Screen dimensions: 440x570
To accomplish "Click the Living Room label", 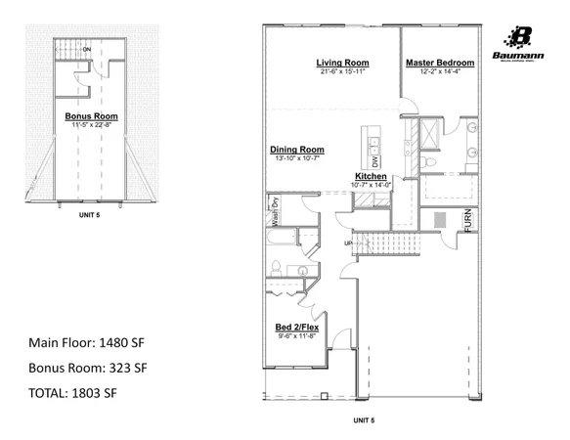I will coord(341,63).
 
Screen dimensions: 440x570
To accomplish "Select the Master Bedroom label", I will coord(440,63).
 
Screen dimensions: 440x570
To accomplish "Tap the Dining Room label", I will coord(296,150).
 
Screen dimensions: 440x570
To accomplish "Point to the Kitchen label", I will coord(371,177).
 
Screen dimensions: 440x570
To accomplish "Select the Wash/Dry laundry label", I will coord(275,212).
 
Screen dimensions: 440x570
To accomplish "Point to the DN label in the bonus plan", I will coord(87,49).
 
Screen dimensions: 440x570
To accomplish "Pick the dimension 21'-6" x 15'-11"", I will coord(341,71).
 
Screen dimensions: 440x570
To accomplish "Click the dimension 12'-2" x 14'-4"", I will coord(440,71).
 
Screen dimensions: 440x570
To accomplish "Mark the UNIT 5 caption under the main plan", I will coord(364,419).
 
